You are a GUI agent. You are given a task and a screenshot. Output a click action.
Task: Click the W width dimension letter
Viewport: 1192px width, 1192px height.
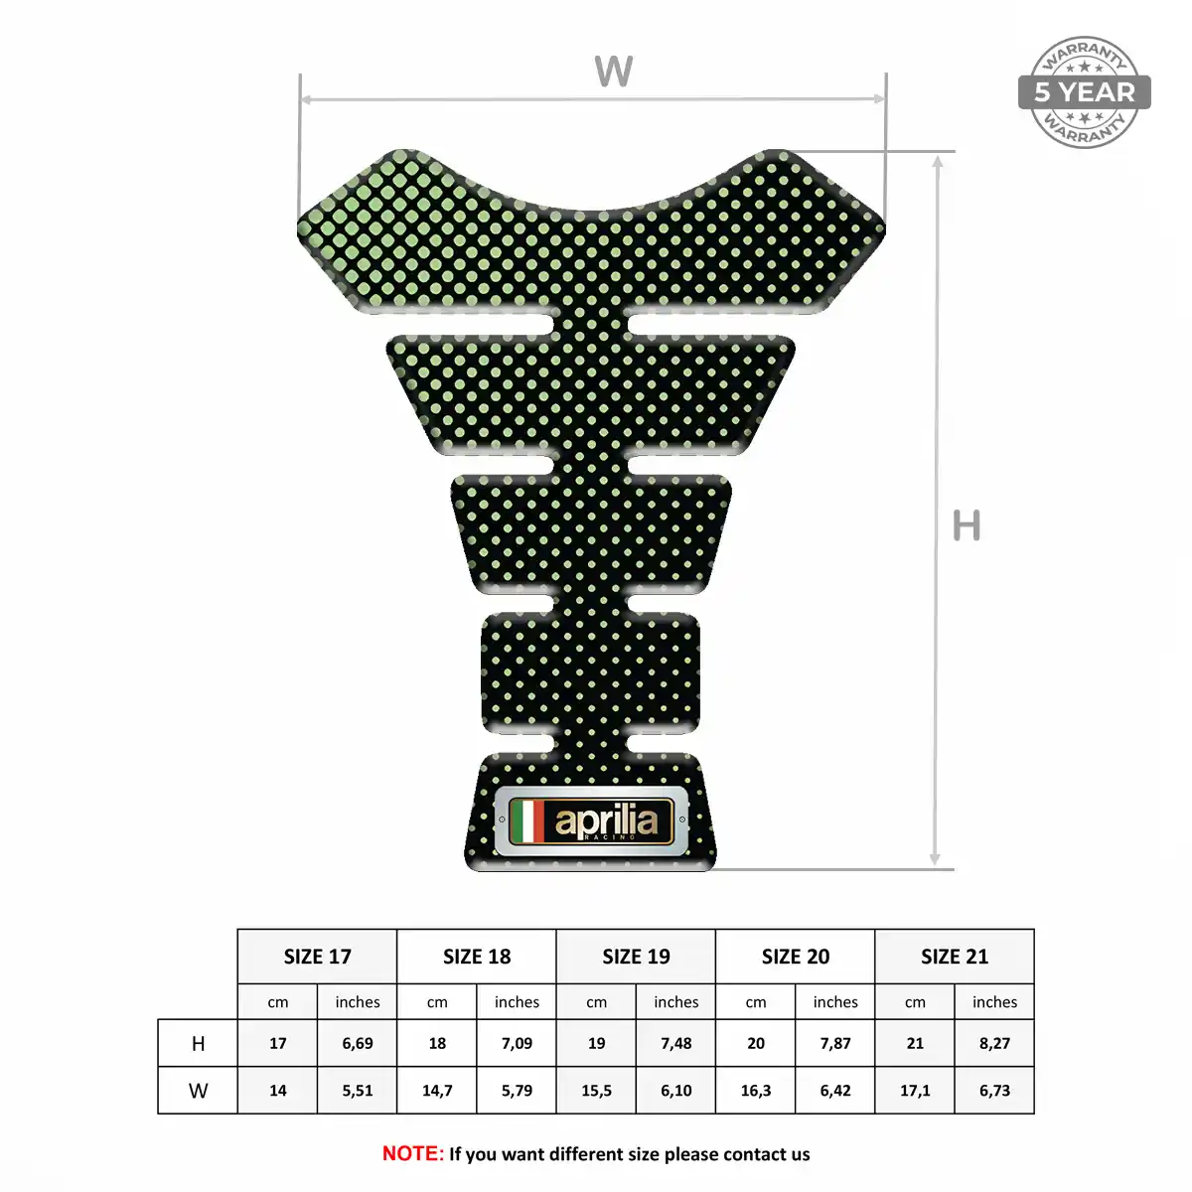[613, 72]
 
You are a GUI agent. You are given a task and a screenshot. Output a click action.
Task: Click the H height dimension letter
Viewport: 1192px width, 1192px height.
[967, 525]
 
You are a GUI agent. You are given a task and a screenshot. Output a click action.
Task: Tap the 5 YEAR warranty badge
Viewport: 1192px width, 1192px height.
[1084, 92]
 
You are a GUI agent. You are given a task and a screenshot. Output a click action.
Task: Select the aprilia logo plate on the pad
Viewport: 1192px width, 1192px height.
[591, 820]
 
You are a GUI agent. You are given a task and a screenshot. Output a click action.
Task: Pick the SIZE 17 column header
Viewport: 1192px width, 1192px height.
[317, 957]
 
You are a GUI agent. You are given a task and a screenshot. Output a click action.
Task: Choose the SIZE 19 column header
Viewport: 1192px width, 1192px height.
[636, 957]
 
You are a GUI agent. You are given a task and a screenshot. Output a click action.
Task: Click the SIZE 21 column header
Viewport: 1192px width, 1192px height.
[955, 957]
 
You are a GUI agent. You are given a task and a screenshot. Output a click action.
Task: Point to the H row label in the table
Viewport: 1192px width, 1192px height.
[198, 1044]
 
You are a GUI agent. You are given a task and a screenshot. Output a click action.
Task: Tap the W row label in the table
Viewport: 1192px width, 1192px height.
[198, 1090]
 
